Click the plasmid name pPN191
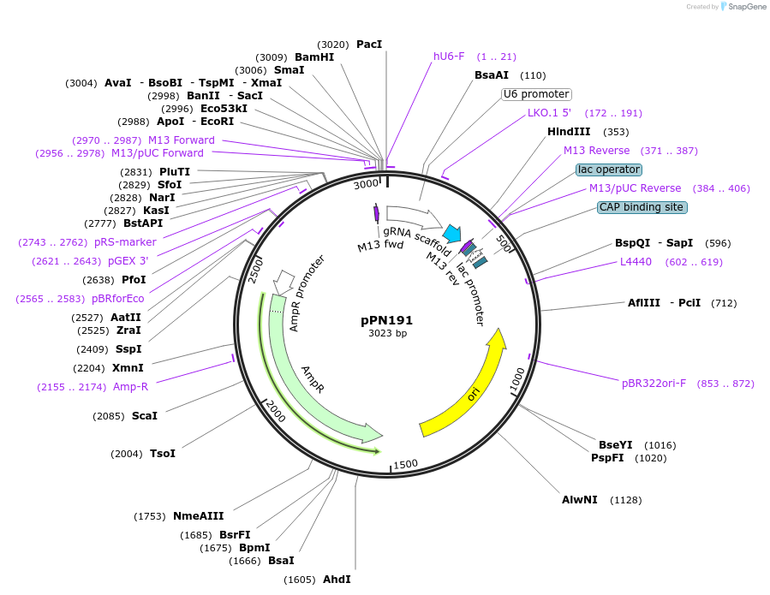387,320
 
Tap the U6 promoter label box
536,94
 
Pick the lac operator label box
608,170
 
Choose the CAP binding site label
642,207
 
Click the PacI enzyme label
369,44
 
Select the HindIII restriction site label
569,132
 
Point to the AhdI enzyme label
337,580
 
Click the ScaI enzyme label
145,416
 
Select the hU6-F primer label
449,57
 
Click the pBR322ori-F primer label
654,384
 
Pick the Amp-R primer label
130,387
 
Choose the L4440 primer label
636,262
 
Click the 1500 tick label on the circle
406,464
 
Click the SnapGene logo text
746,7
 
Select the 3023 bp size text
387,333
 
